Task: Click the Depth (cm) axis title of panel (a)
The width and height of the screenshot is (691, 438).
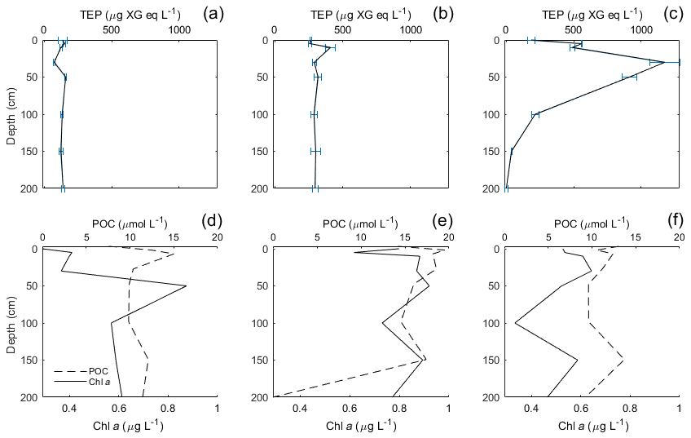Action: (x=11, y=114)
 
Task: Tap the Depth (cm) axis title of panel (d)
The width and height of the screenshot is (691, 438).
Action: (x=11, y=323)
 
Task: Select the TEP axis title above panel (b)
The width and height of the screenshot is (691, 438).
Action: (x=360, y=14)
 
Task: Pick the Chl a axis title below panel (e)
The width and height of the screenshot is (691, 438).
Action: (x=360, y=426)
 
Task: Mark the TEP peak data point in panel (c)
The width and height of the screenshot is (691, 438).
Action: (x=665, y=62)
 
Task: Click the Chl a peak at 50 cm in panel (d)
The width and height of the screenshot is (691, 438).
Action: (x=187, y=286)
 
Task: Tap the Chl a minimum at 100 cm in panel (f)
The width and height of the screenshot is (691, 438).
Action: (x=515, y=323)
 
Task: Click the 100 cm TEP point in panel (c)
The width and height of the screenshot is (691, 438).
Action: (x=535, y=114)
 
